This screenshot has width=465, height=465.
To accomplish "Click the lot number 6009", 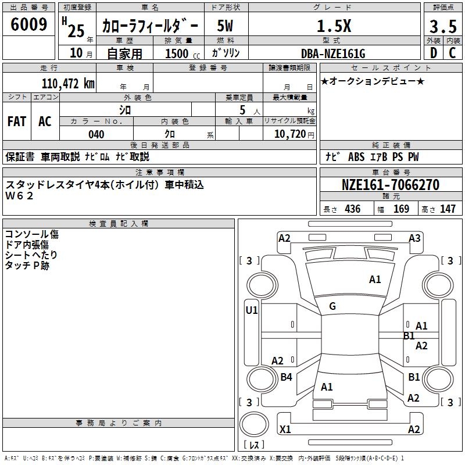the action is [x=29, y=24].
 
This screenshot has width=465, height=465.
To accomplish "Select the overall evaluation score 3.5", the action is [x=442, y=27].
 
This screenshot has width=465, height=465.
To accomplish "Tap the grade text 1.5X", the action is [x=334, y=26].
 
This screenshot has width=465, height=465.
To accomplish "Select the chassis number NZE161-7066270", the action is [x=390, y=185].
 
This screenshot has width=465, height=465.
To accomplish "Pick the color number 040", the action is [x=96, y=134].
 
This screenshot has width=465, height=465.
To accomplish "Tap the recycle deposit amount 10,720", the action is [x=289, y=134].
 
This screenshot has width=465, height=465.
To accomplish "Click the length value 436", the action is [x=352, y=209].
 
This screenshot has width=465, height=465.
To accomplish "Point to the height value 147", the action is [x=448, y=209].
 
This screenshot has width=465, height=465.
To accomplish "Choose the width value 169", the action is [x=401, y=209].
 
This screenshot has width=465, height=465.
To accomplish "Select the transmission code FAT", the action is [x=16, y=121].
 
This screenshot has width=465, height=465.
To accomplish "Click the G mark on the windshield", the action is [x=332, y=306].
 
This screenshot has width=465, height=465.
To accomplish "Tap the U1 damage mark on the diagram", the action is [x=251, y=310].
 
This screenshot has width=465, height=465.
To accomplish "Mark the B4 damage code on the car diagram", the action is [x=286, y=377].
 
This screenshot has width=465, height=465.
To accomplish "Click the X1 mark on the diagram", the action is [x=285, y=430].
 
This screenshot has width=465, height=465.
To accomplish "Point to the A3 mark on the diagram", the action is [x=414, y=238].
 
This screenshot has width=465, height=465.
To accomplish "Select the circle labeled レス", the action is [x=254, y=430].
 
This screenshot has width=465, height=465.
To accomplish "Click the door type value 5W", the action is [x=225, y=27].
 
